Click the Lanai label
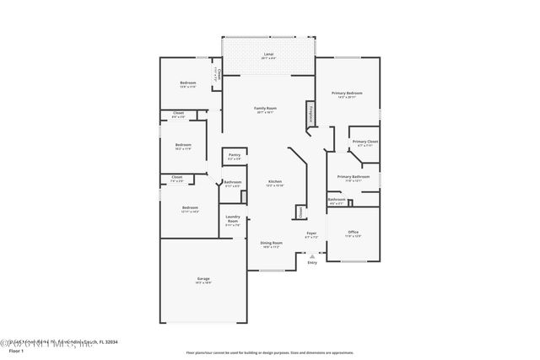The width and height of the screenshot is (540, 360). coord(267,54)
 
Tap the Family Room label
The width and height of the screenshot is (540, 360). coord(266,109)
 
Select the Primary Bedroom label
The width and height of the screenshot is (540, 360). coord(347,93)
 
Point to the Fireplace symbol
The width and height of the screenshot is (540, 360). coord(311,114)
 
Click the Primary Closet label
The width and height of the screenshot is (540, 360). coord(365,142)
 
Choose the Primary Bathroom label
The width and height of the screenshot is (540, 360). coord(354,176)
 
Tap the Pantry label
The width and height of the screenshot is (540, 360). coord(234,155)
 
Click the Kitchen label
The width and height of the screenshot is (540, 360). coord(275,182)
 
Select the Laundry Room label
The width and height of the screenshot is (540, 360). coord(233,221)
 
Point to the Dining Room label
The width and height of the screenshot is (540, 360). coord(271,243)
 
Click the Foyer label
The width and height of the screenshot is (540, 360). coord(311,234)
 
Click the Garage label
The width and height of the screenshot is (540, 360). coord(202,281)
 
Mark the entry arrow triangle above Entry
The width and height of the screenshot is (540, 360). coord(312,255)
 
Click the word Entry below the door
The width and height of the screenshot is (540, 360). coord(312,263)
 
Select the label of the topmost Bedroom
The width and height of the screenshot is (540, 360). coord(187,83)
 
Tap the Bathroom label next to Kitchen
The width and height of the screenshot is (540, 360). coord(233,183)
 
